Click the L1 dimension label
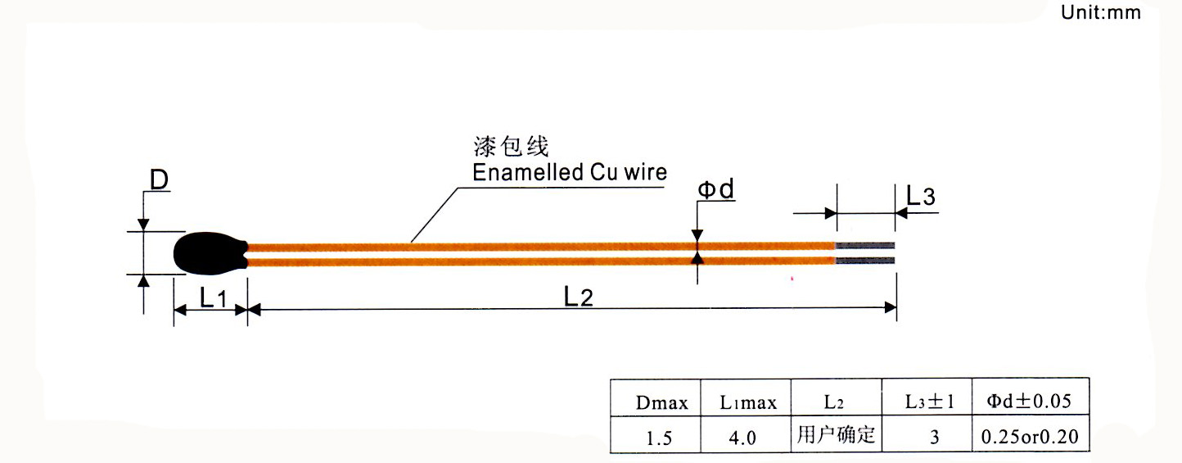[x=212, y=298]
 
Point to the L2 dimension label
[x=578, y=297]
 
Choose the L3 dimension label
[x=920, y=197]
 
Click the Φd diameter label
[x=715, y=190]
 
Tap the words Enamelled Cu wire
[x=570, y=172]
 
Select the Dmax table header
[x=662, y=402]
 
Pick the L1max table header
[x=748, y=402]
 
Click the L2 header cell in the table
[x=834, y=402]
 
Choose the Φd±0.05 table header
[x=1030, y=401]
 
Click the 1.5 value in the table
[x=658, y=438]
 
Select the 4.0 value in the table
[x=744, y=438]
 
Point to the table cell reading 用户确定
[x=835, y=434]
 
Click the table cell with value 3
[x=934, y=438]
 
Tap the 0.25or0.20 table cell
[x=1031, y=438]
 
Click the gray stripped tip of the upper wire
[x=865, y=246]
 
